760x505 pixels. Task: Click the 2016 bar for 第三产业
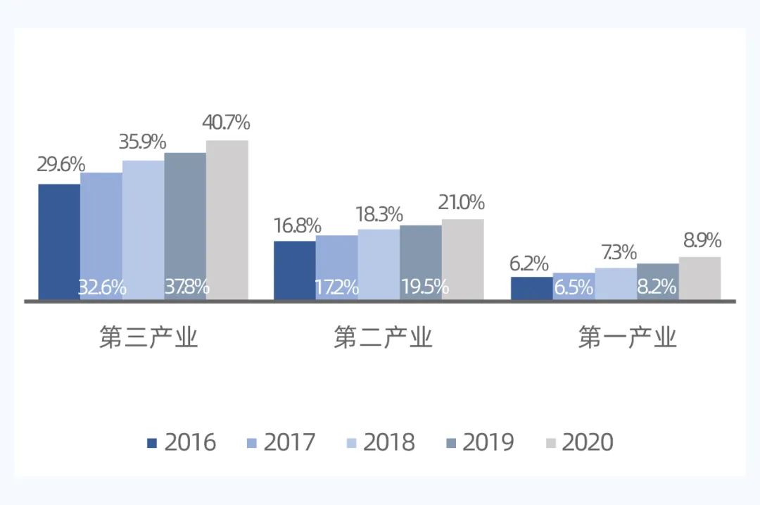pyautogui.click(x=59, y=242)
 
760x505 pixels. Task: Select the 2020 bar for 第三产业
pyautogui.click(x=227, y=220)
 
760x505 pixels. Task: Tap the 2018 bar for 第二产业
pyautogui.click(x=379, y=264)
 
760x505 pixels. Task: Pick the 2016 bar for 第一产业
pyautogui.click(x=531, y=288)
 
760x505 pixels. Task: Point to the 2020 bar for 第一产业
pyautogui.click(x=699, y=278)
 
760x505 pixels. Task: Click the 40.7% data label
pyautogui.click(x=226, y=123)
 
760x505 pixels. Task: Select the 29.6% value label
pyautogui.click(x=61, y=166)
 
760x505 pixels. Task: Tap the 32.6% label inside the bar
pyautogui.click(x=102, y=287)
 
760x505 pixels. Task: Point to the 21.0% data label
pyautogui.click(x=461, y=203)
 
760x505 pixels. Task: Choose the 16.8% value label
pyautogui.click(x=297, y=226)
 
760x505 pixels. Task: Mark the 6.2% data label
pyautogui.click(x=528, y=263)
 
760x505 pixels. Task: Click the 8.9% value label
pyautogui.click(x=702, y=241)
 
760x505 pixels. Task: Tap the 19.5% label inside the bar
pyautogui.click(x=425, y=287)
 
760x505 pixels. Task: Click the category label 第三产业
pyautogui.click(x=148, y=338)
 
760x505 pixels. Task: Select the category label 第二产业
pyautogui.click(x=383, y=338)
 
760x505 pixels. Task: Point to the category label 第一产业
pyautogui.click(x=627, y=338)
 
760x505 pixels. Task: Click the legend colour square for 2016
pyautogui.click(x=152, y=443)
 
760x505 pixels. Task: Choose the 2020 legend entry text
pyautogui.click(x=588, y=442)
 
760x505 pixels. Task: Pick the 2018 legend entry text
pyautogui.click(x=388, y=442)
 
